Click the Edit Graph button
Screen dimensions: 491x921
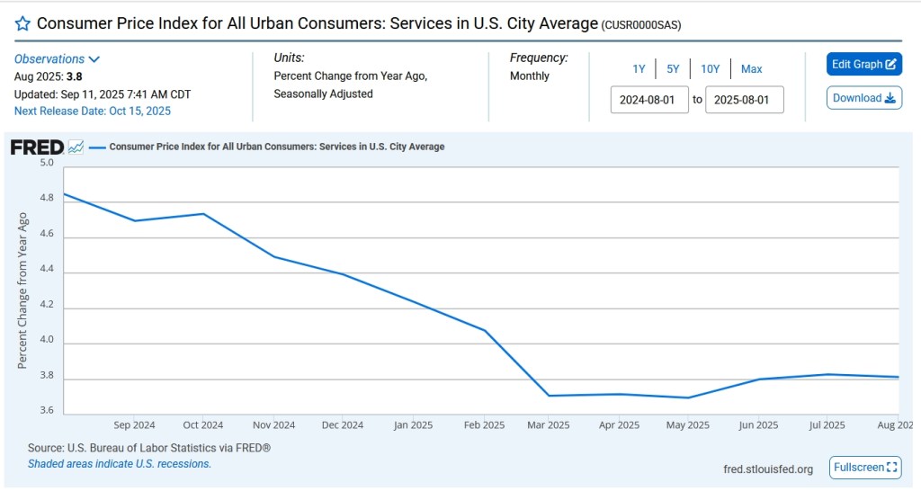863,64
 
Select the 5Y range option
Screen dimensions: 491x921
673,68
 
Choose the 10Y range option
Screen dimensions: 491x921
710,68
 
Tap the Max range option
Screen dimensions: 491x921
751,68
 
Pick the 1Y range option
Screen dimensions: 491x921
639,68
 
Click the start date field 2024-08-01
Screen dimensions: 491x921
649,99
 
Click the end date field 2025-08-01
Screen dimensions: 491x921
744,99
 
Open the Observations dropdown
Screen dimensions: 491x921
57,58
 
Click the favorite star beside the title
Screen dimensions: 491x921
22,23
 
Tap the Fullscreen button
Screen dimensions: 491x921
865,468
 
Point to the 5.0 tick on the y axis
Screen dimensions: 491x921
47,164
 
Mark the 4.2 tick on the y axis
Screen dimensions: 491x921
47,306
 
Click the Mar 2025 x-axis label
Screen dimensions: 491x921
548,425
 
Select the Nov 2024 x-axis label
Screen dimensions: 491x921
273,425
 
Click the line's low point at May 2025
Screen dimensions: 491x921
688,397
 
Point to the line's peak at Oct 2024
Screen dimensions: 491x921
204,214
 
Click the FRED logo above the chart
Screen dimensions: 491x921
37,147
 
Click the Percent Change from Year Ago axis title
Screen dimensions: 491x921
23,290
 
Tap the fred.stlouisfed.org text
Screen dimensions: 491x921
767,469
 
